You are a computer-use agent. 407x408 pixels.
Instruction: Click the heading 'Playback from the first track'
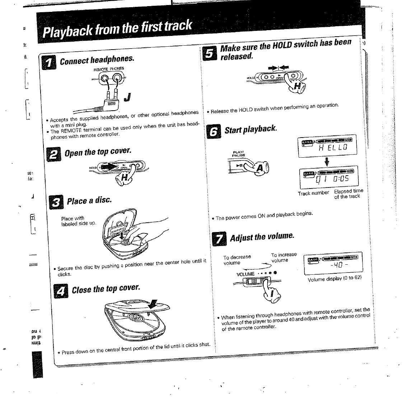(x=117, y=29)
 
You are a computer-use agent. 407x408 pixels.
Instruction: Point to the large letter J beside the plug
(x=127, y=97)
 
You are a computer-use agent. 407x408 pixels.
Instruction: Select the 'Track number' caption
(x=313, y=193)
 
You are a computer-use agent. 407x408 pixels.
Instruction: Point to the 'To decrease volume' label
(x=237, y=260)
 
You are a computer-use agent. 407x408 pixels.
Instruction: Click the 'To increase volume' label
(x=284, y=257)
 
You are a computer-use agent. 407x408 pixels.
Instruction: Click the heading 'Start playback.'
(x=251, y=129)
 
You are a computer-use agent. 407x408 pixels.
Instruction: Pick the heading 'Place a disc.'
(x=89, y=200)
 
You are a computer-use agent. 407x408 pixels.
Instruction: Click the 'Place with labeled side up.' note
(x=79, y=221)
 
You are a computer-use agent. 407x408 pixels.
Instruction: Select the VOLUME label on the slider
(x=245, y=274)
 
